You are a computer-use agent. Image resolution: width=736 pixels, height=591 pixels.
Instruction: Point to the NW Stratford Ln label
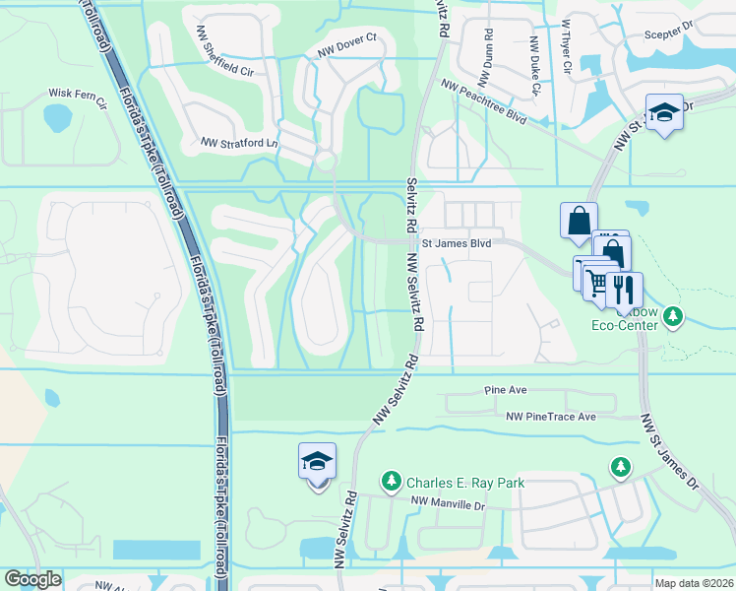click(239, 143)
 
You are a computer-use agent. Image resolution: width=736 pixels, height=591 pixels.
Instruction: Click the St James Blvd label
click(456, 240)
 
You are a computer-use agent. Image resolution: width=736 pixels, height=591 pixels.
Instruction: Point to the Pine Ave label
click(505, 390)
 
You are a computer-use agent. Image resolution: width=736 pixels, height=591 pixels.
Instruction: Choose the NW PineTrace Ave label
click(551, 417)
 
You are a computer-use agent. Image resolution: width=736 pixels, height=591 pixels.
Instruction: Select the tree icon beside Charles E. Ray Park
click(392, 481)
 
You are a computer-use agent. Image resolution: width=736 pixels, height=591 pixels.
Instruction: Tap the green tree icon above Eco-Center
click(672, 315)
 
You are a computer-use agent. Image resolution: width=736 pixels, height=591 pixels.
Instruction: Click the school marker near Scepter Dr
click(665, 114)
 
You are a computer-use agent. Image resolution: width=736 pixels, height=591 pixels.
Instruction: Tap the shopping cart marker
click(596, 282)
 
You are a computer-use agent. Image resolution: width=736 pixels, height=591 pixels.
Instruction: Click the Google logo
click(32, 579)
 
